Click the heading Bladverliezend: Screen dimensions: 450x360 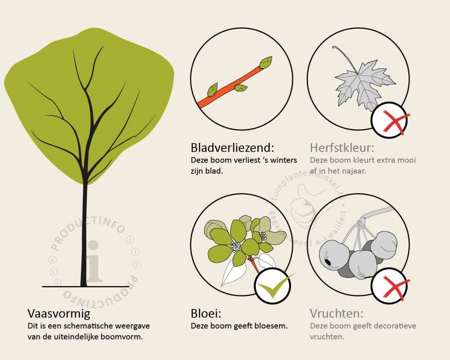(232, 148)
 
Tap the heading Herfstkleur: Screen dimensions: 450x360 (342, 148)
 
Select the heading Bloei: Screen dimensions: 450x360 (206, 313)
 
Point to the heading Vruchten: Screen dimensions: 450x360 (336, 313)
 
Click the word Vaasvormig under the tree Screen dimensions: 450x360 (59, 314)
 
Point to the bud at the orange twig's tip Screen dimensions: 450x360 (266, 62)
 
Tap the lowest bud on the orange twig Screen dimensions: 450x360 (213, 90)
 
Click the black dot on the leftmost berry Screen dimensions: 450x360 (327, 262)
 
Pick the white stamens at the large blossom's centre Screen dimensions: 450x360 (236, 247)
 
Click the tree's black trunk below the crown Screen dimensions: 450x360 (84, 236)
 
